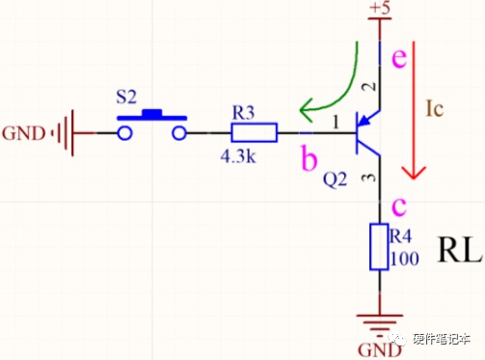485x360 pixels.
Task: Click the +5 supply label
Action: pos(380,8)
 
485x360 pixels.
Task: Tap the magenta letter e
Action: pos(399,58)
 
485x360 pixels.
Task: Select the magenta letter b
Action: pos(309,157)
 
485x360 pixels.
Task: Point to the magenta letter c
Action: pos(399,206)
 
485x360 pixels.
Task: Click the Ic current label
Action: pos(435,108)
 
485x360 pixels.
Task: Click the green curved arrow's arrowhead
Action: pos(307,110)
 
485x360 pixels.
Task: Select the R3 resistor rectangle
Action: pos(254,132)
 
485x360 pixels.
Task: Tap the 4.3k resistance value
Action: pos(238,156)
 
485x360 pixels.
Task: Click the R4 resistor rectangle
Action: pos(379,246)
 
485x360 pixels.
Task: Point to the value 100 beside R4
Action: pos(405,259)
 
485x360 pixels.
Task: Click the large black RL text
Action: pos(460,249)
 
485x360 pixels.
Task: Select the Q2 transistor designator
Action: pos(336,180)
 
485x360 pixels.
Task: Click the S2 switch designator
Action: pos(126,97)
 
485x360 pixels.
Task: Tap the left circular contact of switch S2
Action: pos(124,133)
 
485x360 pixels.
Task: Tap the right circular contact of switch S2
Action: pos(179,133)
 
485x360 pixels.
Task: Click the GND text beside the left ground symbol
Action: pos(23,133)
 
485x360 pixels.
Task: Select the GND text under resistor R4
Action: pos(380,350)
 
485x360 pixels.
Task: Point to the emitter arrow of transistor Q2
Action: pos(368,118)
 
